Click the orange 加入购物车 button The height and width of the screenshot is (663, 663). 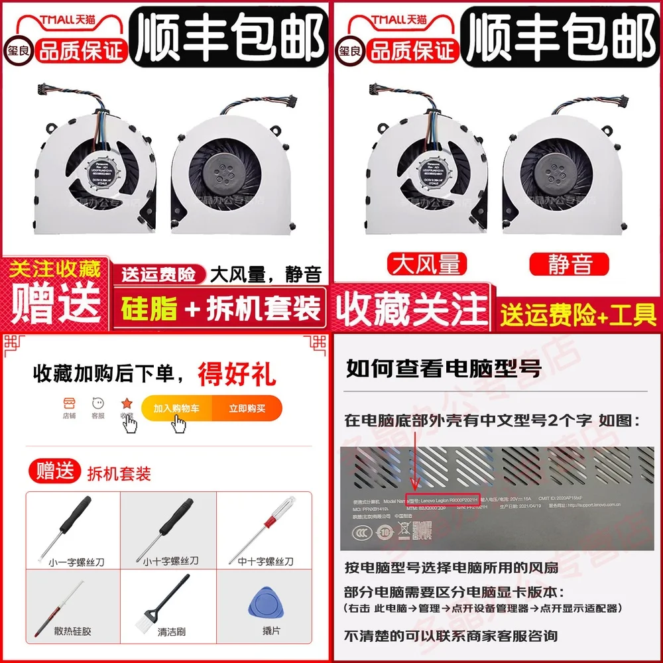(177, 408)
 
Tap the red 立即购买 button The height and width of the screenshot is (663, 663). (247, 408)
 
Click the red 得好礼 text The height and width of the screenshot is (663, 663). (236, 374)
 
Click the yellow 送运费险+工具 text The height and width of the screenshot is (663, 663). (578, 314)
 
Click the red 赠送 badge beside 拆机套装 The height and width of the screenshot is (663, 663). (54, 472)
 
